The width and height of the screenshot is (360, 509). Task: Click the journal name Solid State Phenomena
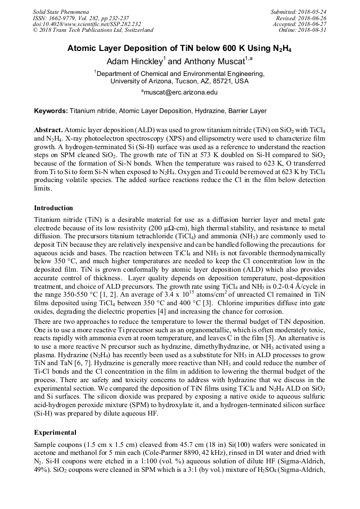61,11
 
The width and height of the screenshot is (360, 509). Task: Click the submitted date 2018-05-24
312,11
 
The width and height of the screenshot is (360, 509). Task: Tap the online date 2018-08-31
312,30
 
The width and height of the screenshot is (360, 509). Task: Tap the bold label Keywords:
51,111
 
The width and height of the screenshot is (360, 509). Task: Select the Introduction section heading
54,208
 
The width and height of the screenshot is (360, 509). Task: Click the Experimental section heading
55,432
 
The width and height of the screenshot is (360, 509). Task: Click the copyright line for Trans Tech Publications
93,30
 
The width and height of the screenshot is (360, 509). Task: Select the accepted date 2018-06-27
312,24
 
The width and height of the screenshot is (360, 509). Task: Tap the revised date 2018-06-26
312,18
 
